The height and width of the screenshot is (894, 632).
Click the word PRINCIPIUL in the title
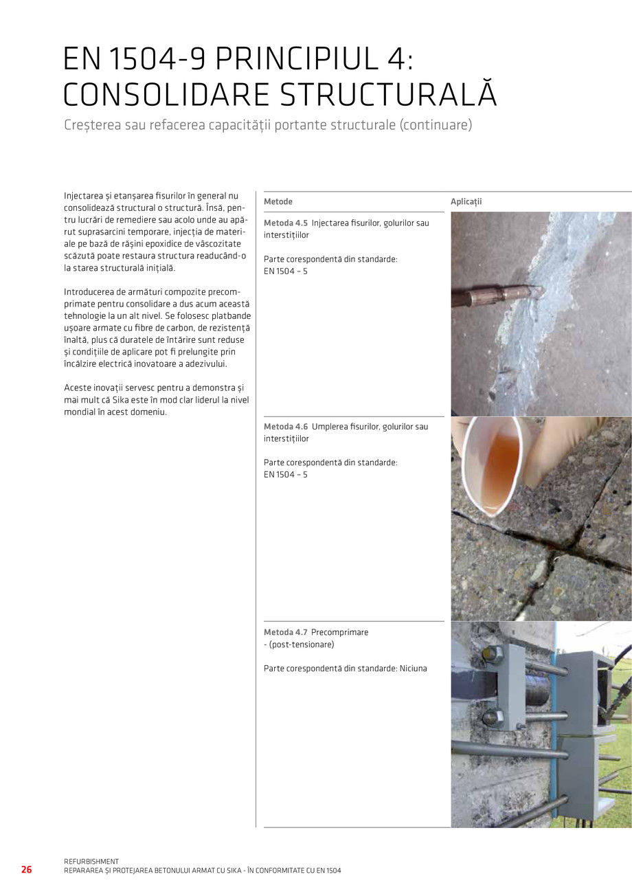pos(295,60)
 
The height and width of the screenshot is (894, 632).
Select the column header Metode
pos(278,202)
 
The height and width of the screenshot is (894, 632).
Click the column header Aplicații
pos(466,202)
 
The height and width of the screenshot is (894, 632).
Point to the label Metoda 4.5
pos(286,223)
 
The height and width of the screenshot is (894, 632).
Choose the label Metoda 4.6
pos(286,427)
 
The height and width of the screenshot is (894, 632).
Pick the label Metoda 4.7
pos(286,632)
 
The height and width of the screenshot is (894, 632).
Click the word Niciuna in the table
pos(413,669)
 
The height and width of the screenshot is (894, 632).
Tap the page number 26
pos(26,870)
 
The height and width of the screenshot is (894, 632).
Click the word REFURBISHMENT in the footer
pos(91,862)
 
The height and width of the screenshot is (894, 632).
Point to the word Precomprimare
pos(340,632)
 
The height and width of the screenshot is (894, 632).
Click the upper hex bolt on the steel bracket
pos(493,653)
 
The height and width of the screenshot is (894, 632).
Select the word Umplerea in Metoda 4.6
pos(330,427)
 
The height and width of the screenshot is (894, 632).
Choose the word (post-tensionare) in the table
pos(301,645)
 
